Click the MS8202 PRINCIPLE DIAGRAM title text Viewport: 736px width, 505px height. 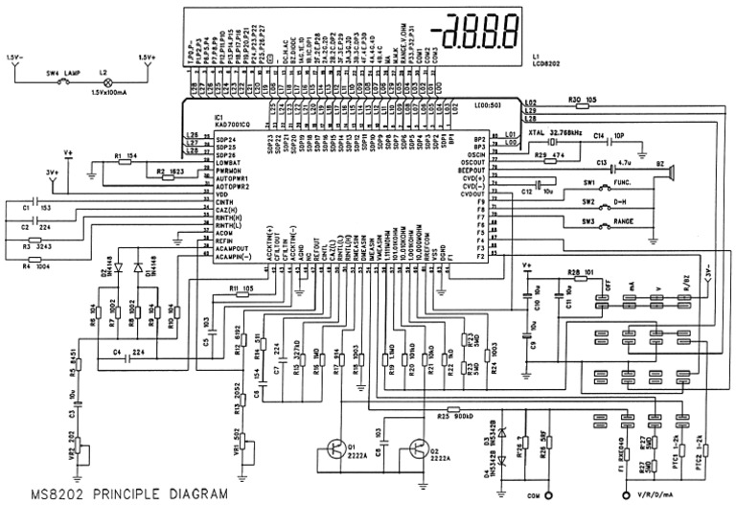tap(116, 494)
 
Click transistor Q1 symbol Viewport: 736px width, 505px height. tap(336, 448)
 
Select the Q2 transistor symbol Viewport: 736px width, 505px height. tap(418, 448)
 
